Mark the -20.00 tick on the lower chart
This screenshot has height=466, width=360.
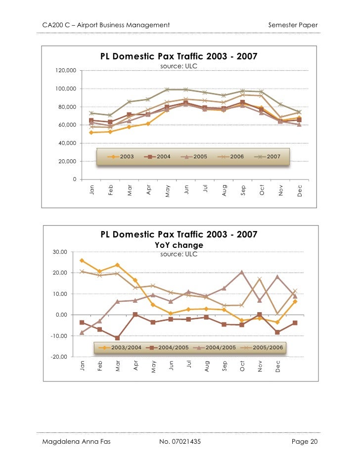pyautogui.click(x=61, y=357)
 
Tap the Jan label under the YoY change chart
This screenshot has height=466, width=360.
pyautogui.click(x=82, y=366)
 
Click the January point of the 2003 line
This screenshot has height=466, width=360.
pyautogui.click(x=91, y=133)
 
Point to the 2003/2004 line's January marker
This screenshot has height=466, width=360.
pyautogui.click(x=82, y=261)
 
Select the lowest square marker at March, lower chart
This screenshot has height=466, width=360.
pyautogui.click(x=118, y=338)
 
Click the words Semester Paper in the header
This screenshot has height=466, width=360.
pyautogui.click(x=293, y=25)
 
